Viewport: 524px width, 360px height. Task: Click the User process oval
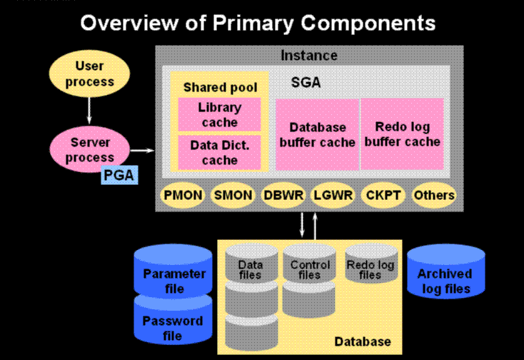(x=89, y=74)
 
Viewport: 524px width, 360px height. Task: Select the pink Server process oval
(x=89, y=149)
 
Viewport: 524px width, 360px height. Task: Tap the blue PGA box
(x=119, y=175)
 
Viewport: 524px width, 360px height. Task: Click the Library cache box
(x=220, y=114)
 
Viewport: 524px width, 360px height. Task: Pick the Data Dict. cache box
(x=220, y=152)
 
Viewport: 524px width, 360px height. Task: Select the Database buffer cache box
(x=317, y=134)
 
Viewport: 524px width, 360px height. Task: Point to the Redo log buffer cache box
(x=403, y=134)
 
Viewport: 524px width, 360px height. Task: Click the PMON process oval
(x=183, y=195)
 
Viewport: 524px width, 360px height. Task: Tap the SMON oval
(x=233, y=195)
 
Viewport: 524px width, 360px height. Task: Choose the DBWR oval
(x=283, y=195)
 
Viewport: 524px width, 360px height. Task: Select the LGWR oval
(x=333, y=195)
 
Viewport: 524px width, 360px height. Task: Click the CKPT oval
(x=383, y=195)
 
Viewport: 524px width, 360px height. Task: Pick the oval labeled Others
(x=434, y=195)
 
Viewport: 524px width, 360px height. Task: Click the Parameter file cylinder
(x=173, y=271)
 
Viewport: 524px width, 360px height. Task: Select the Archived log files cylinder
(x=446, y=271)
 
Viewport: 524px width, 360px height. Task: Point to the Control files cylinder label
(x=310, y=270)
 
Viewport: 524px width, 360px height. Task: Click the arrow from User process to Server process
(x=89, y=111)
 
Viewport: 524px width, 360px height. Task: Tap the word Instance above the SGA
(x=309, y=55)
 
